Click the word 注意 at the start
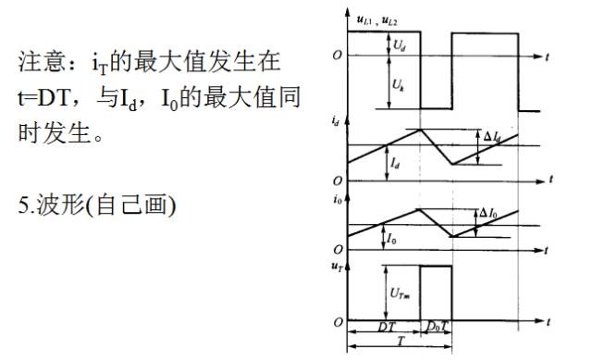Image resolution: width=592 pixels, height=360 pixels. [x=42, y=62]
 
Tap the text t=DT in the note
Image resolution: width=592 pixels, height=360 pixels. [x=43, y=97]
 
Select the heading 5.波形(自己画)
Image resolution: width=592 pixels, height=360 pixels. [x=97, y=205]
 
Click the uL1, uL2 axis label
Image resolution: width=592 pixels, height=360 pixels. [x=376, y=20]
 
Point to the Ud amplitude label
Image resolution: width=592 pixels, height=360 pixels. [x=399, y=45]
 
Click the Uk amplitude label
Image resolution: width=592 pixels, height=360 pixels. [x=399, y=85]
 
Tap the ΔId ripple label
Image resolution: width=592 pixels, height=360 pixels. [x=492, y=137]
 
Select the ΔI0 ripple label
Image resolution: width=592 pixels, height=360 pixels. [x=488, y=214]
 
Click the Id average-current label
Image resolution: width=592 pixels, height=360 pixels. [x=395, y=164]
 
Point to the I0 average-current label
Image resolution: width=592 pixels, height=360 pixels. [x=391, y=239]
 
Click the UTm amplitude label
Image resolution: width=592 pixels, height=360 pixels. [x=400, y=293]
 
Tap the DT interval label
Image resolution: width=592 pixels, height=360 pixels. [x=387, y=327]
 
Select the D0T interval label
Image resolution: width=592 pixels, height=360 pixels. [x=438, y=327]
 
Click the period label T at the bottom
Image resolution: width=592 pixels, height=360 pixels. [x=401, y=341]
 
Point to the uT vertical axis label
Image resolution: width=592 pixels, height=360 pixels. [x=337, y=267]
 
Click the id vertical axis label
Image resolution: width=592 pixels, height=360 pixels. [x=335, y=121]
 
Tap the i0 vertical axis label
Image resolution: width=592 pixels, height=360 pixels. [x=337, y=199]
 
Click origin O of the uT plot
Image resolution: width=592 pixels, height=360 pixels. [x=338, y=322]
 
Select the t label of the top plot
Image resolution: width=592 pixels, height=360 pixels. [x=547, y=57]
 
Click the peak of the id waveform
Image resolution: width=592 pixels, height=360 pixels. [x=420, y=130]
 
